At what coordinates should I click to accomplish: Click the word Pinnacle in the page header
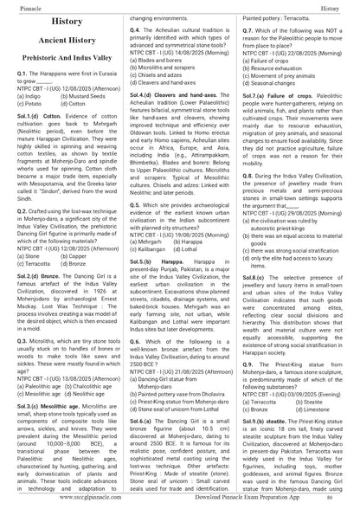click(18, 4)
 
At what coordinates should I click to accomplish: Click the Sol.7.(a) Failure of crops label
click(280, 93)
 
